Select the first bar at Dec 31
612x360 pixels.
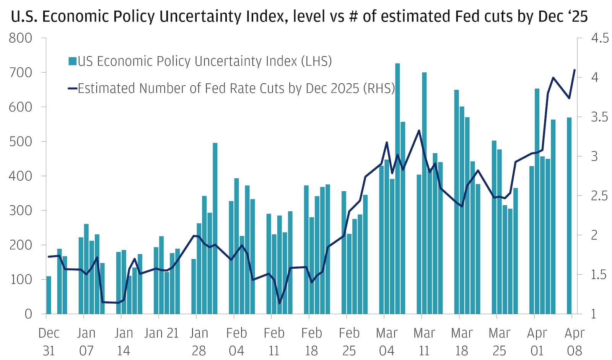click(49, 295)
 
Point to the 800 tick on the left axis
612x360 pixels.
click(21, 38)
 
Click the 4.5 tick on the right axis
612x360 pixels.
click(599, 38)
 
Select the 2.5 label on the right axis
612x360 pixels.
click(599, 195)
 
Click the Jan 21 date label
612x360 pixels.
click(161, 333)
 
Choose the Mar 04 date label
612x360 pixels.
click(387, 342)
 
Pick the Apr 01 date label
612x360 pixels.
click(537, 342)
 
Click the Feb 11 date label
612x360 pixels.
click(274, 342)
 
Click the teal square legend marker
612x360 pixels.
click(73, 61)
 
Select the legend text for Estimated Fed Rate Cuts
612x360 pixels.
click(236, 88)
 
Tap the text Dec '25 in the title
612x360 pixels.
click(562, 16)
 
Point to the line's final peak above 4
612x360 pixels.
click(574, 70)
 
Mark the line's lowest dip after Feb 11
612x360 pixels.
click(279, 303)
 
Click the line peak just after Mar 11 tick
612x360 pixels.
click(419, 131)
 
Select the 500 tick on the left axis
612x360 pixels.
click(21, 141)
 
